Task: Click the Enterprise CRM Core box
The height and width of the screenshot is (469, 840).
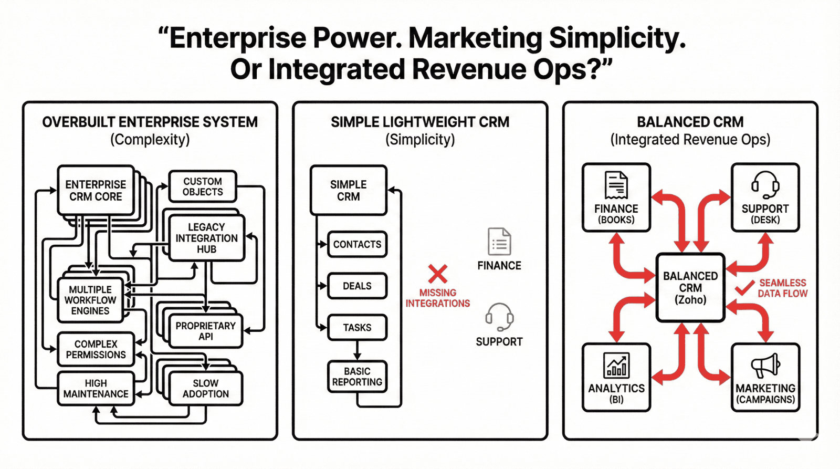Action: click(96, 191)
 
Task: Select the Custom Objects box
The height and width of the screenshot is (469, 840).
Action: click(203, 186)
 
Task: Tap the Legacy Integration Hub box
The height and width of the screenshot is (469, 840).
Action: click(206, 238)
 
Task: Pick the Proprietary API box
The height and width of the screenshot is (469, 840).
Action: click(206, 331)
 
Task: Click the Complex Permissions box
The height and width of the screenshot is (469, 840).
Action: click(96, 349)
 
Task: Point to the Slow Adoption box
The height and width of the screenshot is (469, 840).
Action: click(206, 389)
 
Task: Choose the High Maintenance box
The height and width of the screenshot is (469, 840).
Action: click(96, 389)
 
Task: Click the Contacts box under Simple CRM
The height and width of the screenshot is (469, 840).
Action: click(357, 244)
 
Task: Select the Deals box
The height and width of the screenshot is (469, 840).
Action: click(357, 286)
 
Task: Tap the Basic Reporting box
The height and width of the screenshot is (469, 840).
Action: click(357, 377)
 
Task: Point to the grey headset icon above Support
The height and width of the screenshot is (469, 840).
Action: click(499, 317)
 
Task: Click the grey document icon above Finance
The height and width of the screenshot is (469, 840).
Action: click(499, 242)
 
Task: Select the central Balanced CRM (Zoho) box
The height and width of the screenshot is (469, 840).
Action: click(690, 288)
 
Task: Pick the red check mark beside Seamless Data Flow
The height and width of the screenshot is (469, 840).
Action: click(744, 288)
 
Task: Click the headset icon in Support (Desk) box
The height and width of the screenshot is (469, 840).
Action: click(765, 184)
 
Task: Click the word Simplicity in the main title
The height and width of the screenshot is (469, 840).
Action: click(617, 38)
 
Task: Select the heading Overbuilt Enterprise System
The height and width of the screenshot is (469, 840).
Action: click(150, 122)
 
